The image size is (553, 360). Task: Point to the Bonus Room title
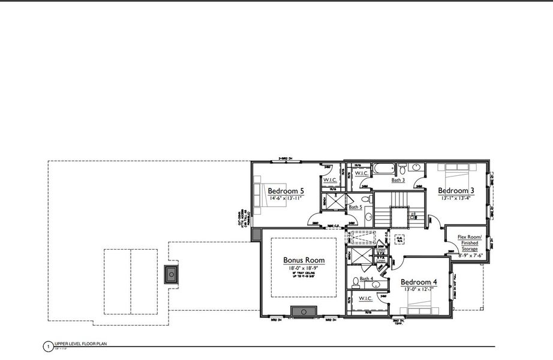coord(303,260)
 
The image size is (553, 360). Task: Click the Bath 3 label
coord(398,179)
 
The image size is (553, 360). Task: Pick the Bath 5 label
coord(355,207)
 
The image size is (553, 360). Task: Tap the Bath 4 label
coord(366,279)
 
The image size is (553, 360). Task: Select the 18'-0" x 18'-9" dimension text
coord(303,268)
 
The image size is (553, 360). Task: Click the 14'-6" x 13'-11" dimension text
coord(285,197)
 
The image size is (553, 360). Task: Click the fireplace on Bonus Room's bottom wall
coord(303,311)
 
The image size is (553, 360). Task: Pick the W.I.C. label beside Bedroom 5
coord(329,179)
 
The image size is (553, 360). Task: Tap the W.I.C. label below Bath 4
coord(365,298)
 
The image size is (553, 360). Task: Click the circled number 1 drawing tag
coord(46,346)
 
